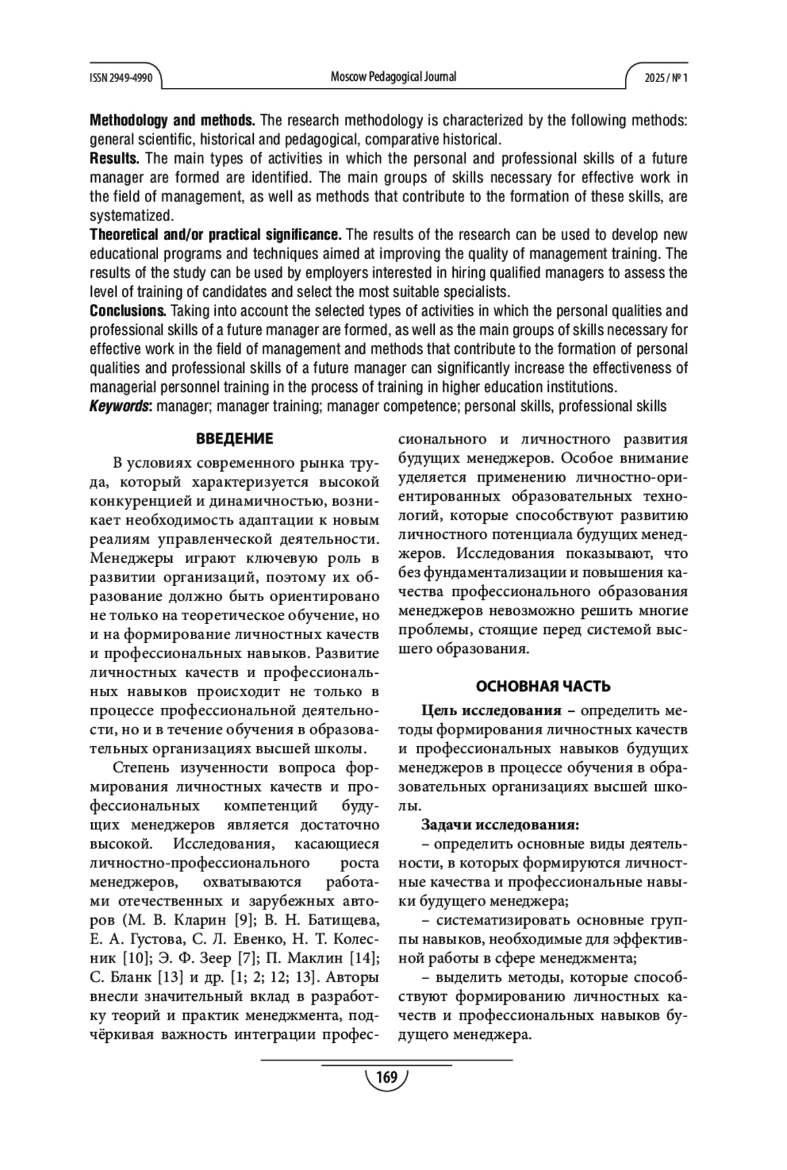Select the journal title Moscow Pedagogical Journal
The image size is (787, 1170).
tap(393, 77)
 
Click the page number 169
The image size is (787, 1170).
tap(387, 1077)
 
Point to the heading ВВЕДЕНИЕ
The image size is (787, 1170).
tap(235, 439)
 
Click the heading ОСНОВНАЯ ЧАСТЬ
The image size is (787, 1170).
tap(543, 686)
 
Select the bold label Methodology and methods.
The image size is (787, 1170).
tap(172, 121)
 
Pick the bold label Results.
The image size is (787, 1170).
tap(115, 159)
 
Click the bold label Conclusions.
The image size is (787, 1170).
tap(127, 311)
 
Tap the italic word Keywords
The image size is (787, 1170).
tap(120, 406)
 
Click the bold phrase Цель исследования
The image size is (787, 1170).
tap(491, 711)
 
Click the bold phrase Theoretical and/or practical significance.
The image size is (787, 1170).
tap(216, 235)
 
